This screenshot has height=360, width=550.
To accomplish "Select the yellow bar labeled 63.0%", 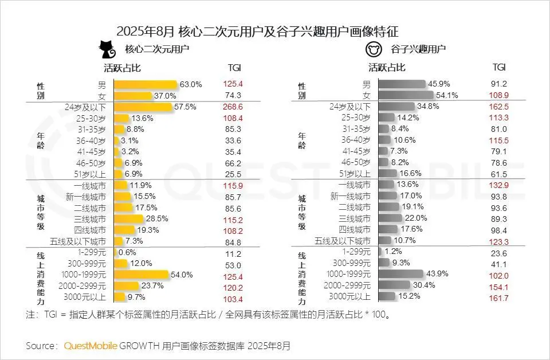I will (x=146, y=85).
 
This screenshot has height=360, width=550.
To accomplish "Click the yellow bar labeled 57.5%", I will (x=143, y=107).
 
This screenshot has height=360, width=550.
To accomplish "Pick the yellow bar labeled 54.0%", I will (x=142, y=275).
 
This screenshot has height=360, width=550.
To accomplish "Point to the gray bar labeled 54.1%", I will (x=406, y=96).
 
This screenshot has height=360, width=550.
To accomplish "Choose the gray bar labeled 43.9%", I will (x=401, y=275).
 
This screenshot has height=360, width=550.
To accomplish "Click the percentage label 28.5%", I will (x=158, y=219).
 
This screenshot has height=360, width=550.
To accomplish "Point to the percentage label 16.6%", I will (x=410, y=174).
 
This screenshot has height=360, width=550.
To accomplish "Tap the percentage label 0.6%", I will (x=128, y=253).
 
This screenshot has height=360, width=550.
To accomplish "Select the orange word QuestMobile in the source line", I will (x=91, y=346).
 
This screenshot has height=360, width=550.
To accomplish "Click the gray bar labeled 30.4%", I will (x=395, y=286).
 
